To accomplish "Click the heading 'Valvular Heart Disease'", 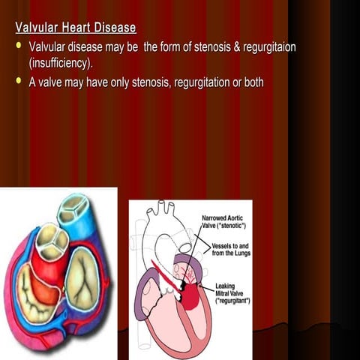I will point(76,28).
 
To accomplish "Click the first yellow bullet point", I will point(20,46).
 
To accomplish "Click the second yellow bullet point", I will point(20,80).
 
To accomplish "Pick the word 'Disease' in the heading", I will point(112,28).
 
